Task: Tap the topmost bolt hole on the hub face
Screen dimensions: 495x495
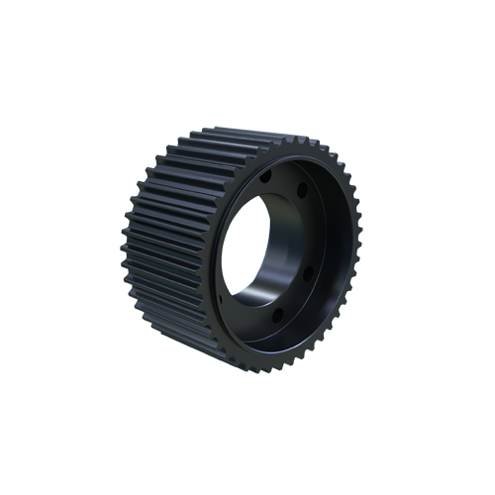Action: (265, 175)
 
